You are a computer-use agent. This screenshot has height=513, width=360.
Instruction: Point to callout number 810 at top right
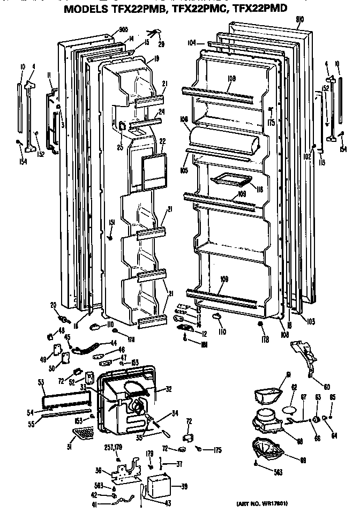(x=300, y=20)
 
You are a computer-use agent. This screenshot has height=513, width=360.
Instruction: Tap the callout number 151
(x=112, y=222)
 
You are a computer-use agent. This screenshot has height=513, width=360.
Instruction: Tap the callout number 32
(x=168, y=390)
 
